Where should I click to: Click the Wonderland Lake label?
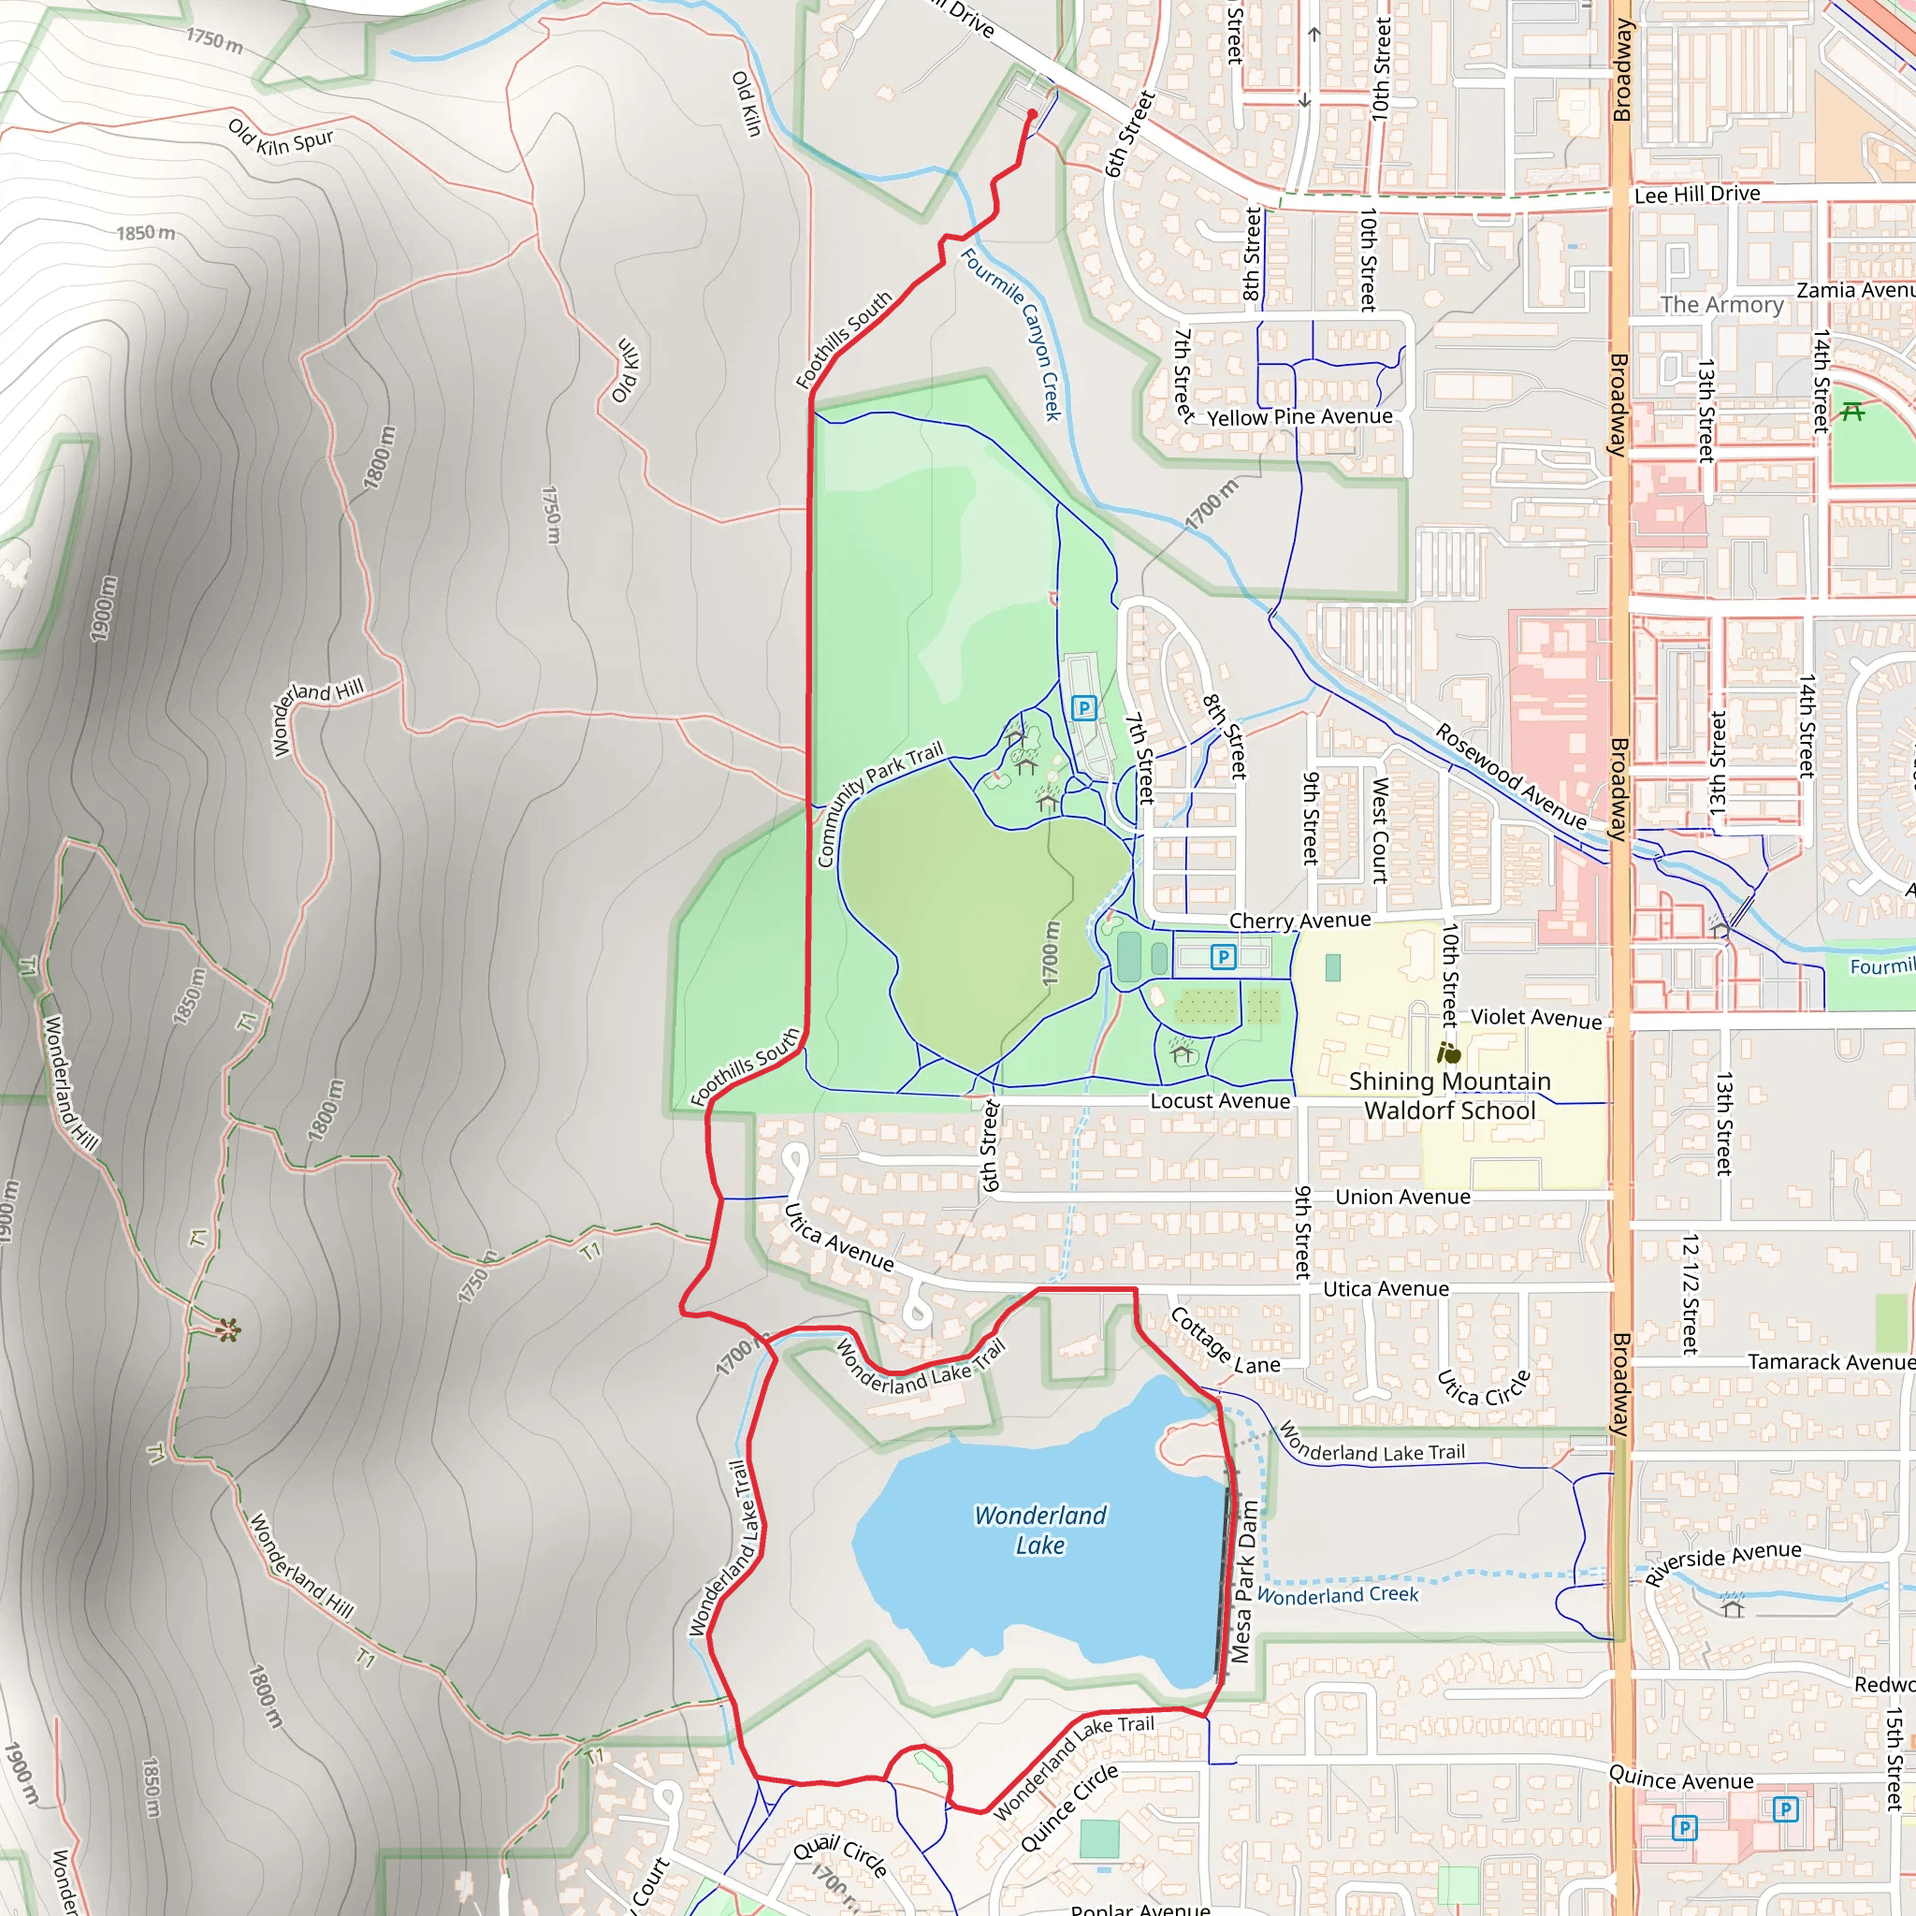point(1039,1531)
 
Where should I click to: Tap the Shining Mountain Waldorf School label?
point(1449,1096)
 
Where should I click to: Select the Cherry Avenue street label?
point(1299,921)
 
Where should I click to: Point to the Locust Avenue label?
point(1220,1101)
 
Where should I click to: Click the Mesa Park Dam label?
point(1243,1581)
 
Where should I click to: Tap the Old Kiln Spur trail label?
point(281,138)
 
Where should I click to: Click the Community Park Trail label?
point(878,803)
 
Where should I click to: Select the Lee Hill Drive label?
point(1697,195)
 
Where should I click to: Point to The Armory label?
point(1721,304)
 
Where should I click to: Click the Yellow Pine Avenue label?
point(1299,417)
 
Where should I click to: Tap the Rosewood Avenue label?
point(1510,777)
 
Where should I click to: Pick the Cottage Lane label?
point(1225,1342)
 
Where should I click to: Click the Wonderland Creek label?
point(1338,1595)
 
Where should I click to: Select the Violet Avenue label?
point(1535,1018)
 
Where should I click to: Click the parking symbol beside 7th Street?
point(1084,708)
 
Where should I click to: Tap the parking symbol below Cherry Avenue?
point(1223,957)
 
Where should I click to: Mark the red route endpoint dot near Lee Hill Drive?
point(1033,114)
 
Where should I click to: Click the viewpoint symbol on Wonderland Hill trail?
point(228,1330)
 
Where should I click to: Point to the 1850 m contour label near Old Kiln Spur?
point(146,234)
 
